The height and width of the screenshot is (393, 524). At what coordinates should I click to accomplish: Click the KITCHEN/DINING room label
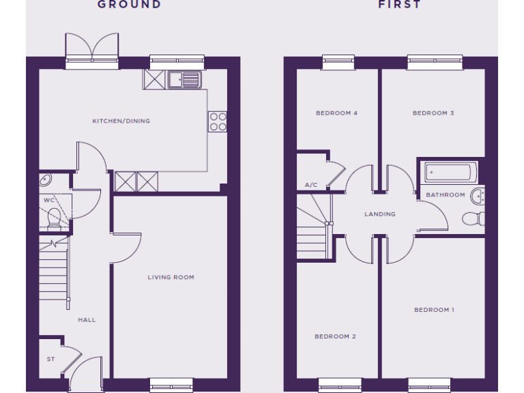(x=121, y=121)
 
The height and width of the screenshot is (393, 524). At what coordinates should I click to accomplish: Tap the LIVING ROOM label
(x=171, y=277)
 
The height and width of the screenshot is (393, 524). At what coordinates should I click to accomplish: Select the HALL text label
(x=87, y=319)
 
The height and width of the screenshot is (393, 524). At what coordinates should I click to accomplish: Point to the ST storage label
(x=50, y=359)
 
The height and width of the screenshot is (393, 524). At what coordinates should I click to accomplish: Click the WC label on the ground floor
(x=49, y=200)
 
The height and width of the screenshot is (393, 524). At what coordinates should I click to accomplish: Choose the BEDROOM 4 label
(x=336, y=113)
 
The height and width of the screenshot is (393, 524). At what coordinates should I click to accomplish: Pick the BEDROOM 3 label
(x=433, y=113)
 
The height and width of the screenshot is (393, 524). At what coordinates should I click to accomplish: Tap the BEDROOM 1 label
(x=434, y=310)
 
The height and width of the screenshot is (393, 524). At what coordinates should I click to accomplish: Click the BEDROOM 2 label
(x=335, y=336)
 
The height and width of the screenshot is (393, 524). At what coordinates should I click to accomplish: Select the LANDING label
(x=380, y=214)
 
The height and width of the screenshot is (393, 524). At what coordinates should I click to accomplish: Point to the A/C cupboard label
(x=311, y=185)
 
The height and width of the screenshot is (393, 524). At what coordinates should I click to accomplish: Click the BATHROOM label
(x=446, y=194)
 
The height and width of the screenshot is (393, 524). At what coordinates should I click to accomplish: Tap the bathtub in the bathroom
(x=451, y=172)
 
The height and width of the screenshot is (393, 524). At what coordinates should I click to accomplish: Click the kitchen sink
(x=184, y=80)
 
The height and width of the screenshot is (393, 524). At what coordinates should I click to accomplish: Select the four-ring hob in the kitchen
(x=218, y=121)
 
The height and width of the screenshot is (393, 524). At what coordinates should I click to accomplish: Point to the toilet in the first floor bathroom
(x=472, y=218)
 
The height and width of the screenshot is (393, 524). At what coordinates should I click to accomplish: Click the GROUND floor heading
(x=129, y=5)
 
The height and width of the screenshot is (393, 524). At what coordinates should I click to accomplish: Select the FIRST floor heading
(x=400, y=5)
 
